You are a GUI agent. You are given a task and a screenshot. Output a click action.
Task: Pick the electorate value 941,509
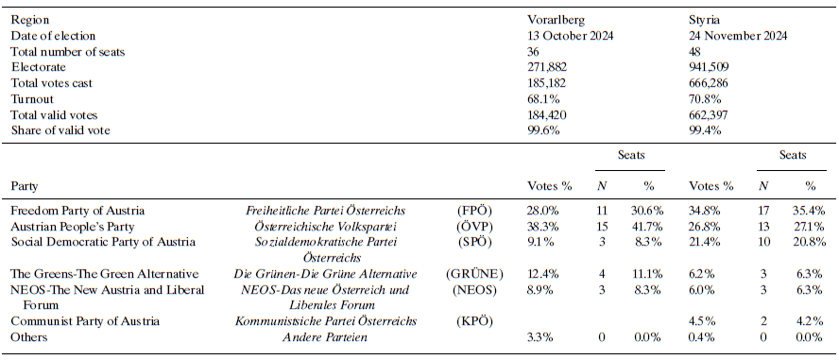[x=711, y=67]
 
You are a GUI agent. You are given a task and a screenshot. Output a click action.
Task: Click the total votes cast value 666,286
[x=711, y=83]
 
